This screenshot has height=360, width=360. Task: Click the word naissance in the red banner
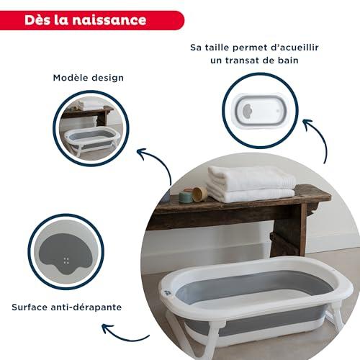pos(109,20)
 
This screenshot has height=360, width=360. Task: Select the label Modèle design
pos(89,78)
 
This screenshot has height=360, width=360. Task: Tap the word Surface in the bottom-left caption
pos(30,307)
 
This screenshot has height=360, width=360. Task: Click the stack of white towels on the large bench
pos(251,184)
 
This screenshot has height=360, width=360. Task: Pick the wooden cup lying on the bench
pos(199,193)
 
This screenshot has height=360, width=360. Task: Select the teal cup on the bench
pos(185,197)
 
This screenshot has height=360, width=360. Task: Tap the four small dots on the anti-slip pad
pos(66,261)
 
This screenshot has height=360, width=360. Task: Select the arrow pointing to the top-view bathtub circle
pos(319,137)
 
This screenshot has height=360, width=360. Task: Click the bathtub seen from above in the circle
pos(261,111)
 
